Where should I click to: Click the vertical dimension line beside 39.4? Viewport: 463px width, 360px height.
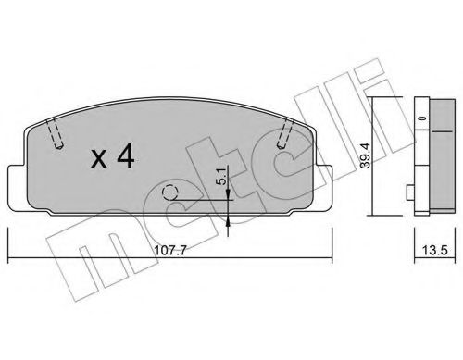pyautogui.click(x=374, y=153)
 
